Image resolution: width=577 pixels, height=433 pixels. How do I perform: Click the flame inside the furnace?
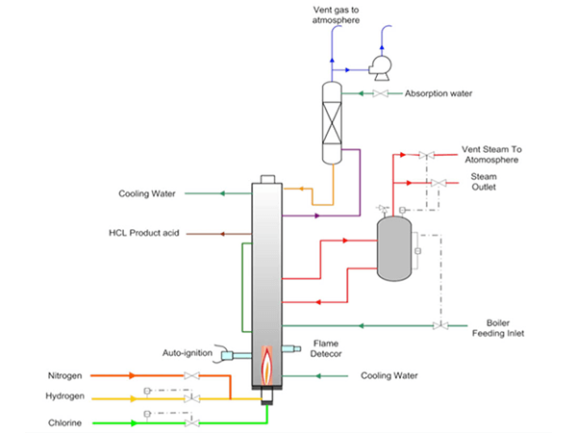point(266,365)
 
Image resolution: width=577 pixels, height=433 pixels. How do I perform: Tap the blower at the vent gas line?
point(381,68)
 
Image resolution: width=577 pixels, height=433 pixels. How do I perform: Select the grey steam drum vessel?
point(394,249)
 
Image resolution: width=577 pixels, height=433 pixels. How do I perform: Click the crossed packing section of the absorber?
point(332,122)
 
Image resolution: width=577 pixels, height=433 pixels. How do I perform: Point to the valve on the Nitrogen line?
point(191,376)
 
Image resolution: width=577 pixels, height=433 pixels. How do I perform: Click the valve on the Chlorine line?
point(191,422)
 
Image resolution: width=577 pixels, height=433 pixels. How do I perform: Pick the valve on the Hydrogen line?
point(191,398)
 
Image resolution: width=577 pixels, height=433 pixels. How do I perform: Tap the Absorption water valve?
point(380,93)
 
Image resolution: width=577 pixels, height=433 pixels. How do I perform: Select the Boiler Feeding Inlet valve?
point(440,325)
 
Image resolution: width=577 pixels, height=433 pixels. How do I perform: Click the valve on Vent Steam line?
point(426,155)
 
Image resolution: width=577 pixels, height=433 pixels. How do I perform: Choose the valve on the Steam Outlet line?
point(439,183)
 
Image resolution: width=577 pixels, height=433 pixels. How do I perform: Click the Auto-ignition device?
point(233,355)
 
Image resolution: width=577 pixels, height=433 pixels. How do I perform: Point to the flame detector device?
point(291,348)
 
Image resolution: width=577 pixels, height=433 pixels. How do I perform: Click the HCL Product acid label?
point(144,233)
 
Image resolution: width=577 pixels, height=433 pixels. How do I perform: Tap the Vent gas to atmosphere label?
point(336,15)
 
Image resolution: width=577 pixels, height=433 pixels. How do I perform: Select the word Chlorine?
point(64,422)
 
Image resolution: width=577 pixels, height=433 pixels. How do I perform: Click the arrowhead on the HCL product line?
point(222,234)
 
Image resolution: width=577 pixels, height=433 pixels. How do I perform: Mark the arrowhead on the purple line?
point(317,216)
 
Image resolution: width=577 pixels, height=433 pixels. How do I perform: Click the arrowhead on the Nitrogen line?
point(132,375)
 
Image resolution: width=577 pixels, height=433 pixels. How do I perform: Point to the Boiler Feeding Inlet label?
point(498,328)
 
